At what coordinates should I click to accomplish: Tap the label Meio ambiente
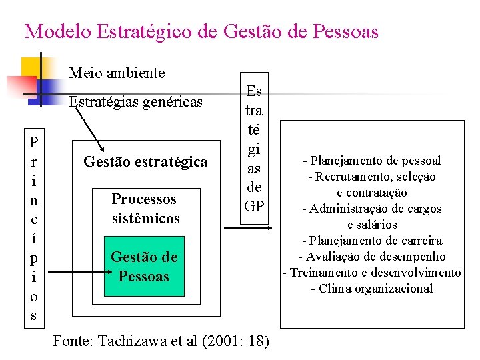pos(117,72)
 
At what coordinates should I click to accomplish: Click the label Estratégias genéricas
pos(136,101)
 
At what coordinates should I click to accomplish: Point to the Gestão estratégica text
pos(145,161)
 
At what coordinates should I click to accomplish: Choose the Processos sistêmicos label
pos(145,208)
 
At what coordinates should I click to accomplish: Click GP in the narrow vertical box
pos(253,206)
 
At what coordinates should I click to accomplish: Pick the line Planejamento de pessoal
pos(372,161)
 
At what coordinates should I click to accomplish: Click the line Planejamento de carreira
pos(372,241)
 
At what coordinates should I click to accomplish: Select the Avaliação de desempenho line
pos(372,257)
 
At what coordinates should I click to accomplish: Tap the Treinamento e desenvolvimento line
pos(372,273)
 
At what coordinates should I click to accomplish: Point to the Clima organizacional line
pos(372,289)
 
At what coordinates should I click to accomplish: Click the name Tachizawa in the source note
pos(131,341)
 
